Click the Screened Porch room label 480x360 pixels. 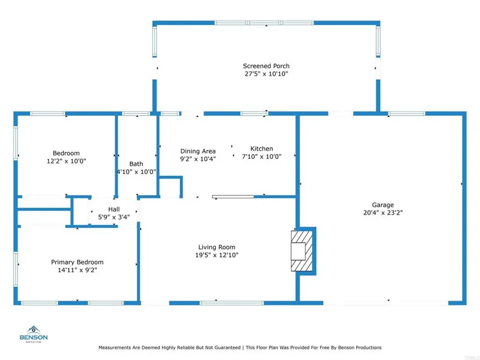click(266, 66)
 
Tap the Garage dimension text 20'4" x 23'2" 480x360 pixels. click(383, 212)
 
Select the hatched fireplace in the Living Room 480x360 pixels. click(302, 251)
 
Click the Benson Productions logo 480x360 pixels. click(34, 334)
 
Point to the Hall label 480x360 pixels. click(114, 209)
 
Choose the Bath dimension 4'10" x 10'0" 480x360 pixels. click(137, 172)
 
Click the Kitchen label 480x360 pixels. click(262, 148)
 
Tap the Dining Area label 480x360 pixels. click(198, 151)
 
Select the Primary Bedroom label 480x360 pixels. click(77, 262)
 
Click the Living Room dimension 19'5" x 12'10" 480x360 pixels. click(217, 255)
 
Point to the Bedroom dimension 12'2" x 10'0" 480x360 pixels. click(66, 161)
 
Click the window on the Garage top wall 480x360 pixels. click(407, 113)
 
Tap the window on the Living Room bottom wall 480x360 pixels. click(232, 303)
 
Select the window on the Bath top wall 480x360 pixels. click(136, 113)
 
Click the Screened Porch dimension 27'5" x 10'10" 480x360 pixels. click(266, 74)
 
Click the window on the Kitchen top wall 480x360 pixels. click(254, 113)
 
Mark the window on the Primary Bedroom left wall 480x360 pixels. click(16, 269)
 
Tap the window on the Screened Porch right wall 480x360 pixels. click(378, 41)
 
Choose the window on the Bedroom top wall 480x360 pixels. click(48, 113)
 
